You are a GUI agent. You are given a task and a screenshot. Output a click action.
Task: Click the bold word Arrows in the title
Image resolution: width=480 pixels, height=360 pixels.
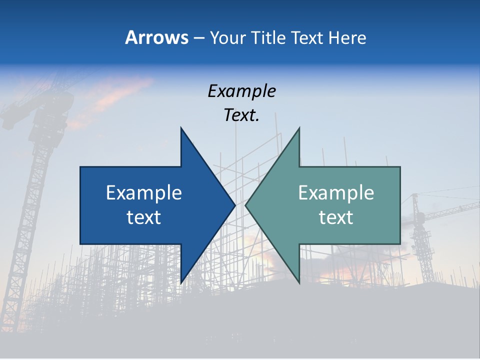pyautogui.click(x=156, y=37)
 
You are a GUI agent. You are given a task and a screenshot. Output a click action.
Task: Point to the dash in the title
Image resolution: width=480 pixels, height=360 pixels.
pyautogui.click(x=198, y=38)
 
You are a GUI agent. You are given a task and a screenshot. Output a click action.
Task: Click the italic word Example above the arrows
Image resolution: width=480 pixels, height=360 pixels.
pyautogui.click(x=241, y=91)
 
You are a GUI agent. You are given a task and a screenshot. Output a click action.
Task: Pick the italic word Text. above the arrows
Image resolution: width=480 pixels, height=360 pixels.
pyautogui.click(x=241, y=115)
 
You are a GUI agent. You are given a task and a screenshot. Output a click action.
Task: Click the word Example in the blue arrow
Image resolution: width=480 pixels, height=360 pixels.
pyautogui.click(x=144, y=193)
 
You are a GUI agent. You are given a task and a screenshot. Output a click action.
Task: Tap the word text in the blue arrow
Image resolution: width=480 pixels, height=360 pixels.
pyautogui.click(x=144, y=217)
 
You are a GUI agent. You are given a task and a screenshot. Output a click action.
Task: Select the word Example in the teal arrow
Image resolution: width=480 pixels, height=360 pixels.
pyautogui.click(x=336, y=193)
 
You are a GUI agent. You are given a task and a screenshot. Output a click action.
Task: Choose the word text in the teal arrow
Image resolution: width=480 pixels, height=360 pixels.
pyautogui.click(x=336, y=217)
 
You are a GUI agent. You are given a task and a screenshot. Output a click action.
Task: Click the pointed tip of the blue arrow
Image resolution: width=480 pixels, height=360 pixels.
pyautogui.click(x=234, y=205)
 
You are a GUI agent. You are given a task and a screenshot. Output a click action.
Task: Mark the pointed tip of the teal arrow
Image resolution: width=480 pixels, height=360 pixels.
pyautogui.click(x=246, y=205)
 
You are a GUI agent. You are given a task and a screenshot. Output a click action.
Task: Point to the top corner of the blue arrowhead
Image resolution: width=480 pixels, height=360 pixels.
pyautogui.click(x=181, y=128)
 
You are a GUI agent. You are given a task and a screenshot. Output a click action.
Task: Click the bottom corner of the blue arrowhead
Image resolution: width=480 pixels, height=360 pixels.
pyautogui.click(x=181, y=282)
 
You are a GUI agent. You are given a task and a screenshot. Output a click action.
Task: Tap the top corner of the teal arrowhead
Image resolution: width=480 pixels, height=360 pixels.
pyautogui.click(x=299, y=128)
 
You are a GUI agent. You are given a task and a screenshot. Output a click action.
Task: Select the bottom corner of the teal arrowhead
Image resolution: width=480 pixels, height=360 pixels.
pyautogui.click(x=299, y=282)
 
